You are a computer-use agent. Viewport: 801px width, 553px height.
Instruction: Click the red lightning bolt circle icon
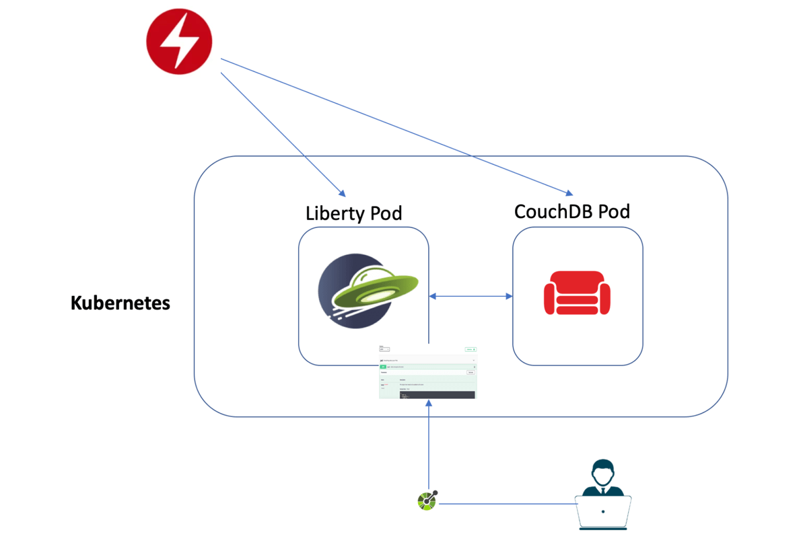(179, 41)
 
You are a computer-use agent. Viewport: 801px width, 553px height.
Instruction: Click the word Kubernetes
(120, 303)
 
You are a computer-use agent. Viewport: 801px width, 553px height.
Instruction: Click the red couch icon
(577, 293)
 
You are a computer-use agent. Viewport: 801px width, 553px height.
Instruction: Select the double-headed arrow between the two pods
(471, 295)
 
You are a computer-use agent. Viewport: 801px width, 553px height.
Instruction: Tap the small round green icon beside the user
(427, 501)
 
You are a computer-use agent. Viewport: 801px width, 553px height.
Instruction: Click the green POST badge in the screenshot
(383, 367)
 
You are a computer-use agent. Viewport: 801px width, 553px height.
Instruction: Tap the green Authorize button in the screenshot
(471, 350)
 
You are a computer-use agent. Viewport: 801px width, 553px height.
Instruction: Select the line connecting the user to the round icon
(505, 503)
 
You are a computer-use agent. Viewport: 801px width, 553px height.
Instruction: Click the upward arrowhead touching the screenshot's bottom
(428, 402)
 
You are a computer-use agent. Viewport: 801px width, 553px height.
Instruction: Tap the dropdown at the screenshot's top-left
(384, 350)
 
